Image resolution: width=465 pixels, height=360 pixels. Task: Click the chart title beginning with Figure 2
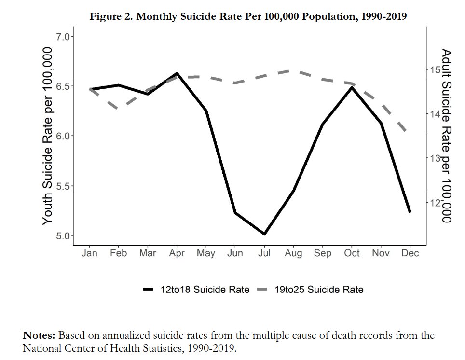[x=248, y=16]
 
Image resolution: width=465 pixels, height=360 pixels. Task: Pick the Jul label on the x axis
[x=264, y=253]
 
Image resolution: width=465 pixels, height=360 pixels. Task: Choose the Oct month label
[x=352, y=253]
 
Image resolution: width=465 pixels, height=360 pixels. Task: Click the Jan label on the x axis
[x=89, y=253]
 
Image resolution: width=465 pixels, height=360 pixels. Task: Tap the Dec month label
[x=410, y=253]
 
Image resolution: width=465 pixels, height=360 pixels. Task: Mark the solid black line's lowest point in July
[x=264, y=234]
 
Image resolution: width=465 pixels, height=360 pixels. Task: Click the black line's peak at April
[x=177, y=73]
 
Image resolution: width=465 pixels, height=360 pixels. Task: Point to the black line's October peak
[x=352, y=87]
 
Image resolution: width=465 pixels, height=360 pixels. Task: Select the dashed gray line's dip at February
[x=119, y=109]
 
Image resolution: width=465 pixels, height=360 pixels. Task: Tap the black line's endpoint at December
[x=410, y=212]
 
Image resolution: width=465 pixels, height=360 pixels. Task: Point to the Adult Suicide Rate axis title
[x=447, y=136]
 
